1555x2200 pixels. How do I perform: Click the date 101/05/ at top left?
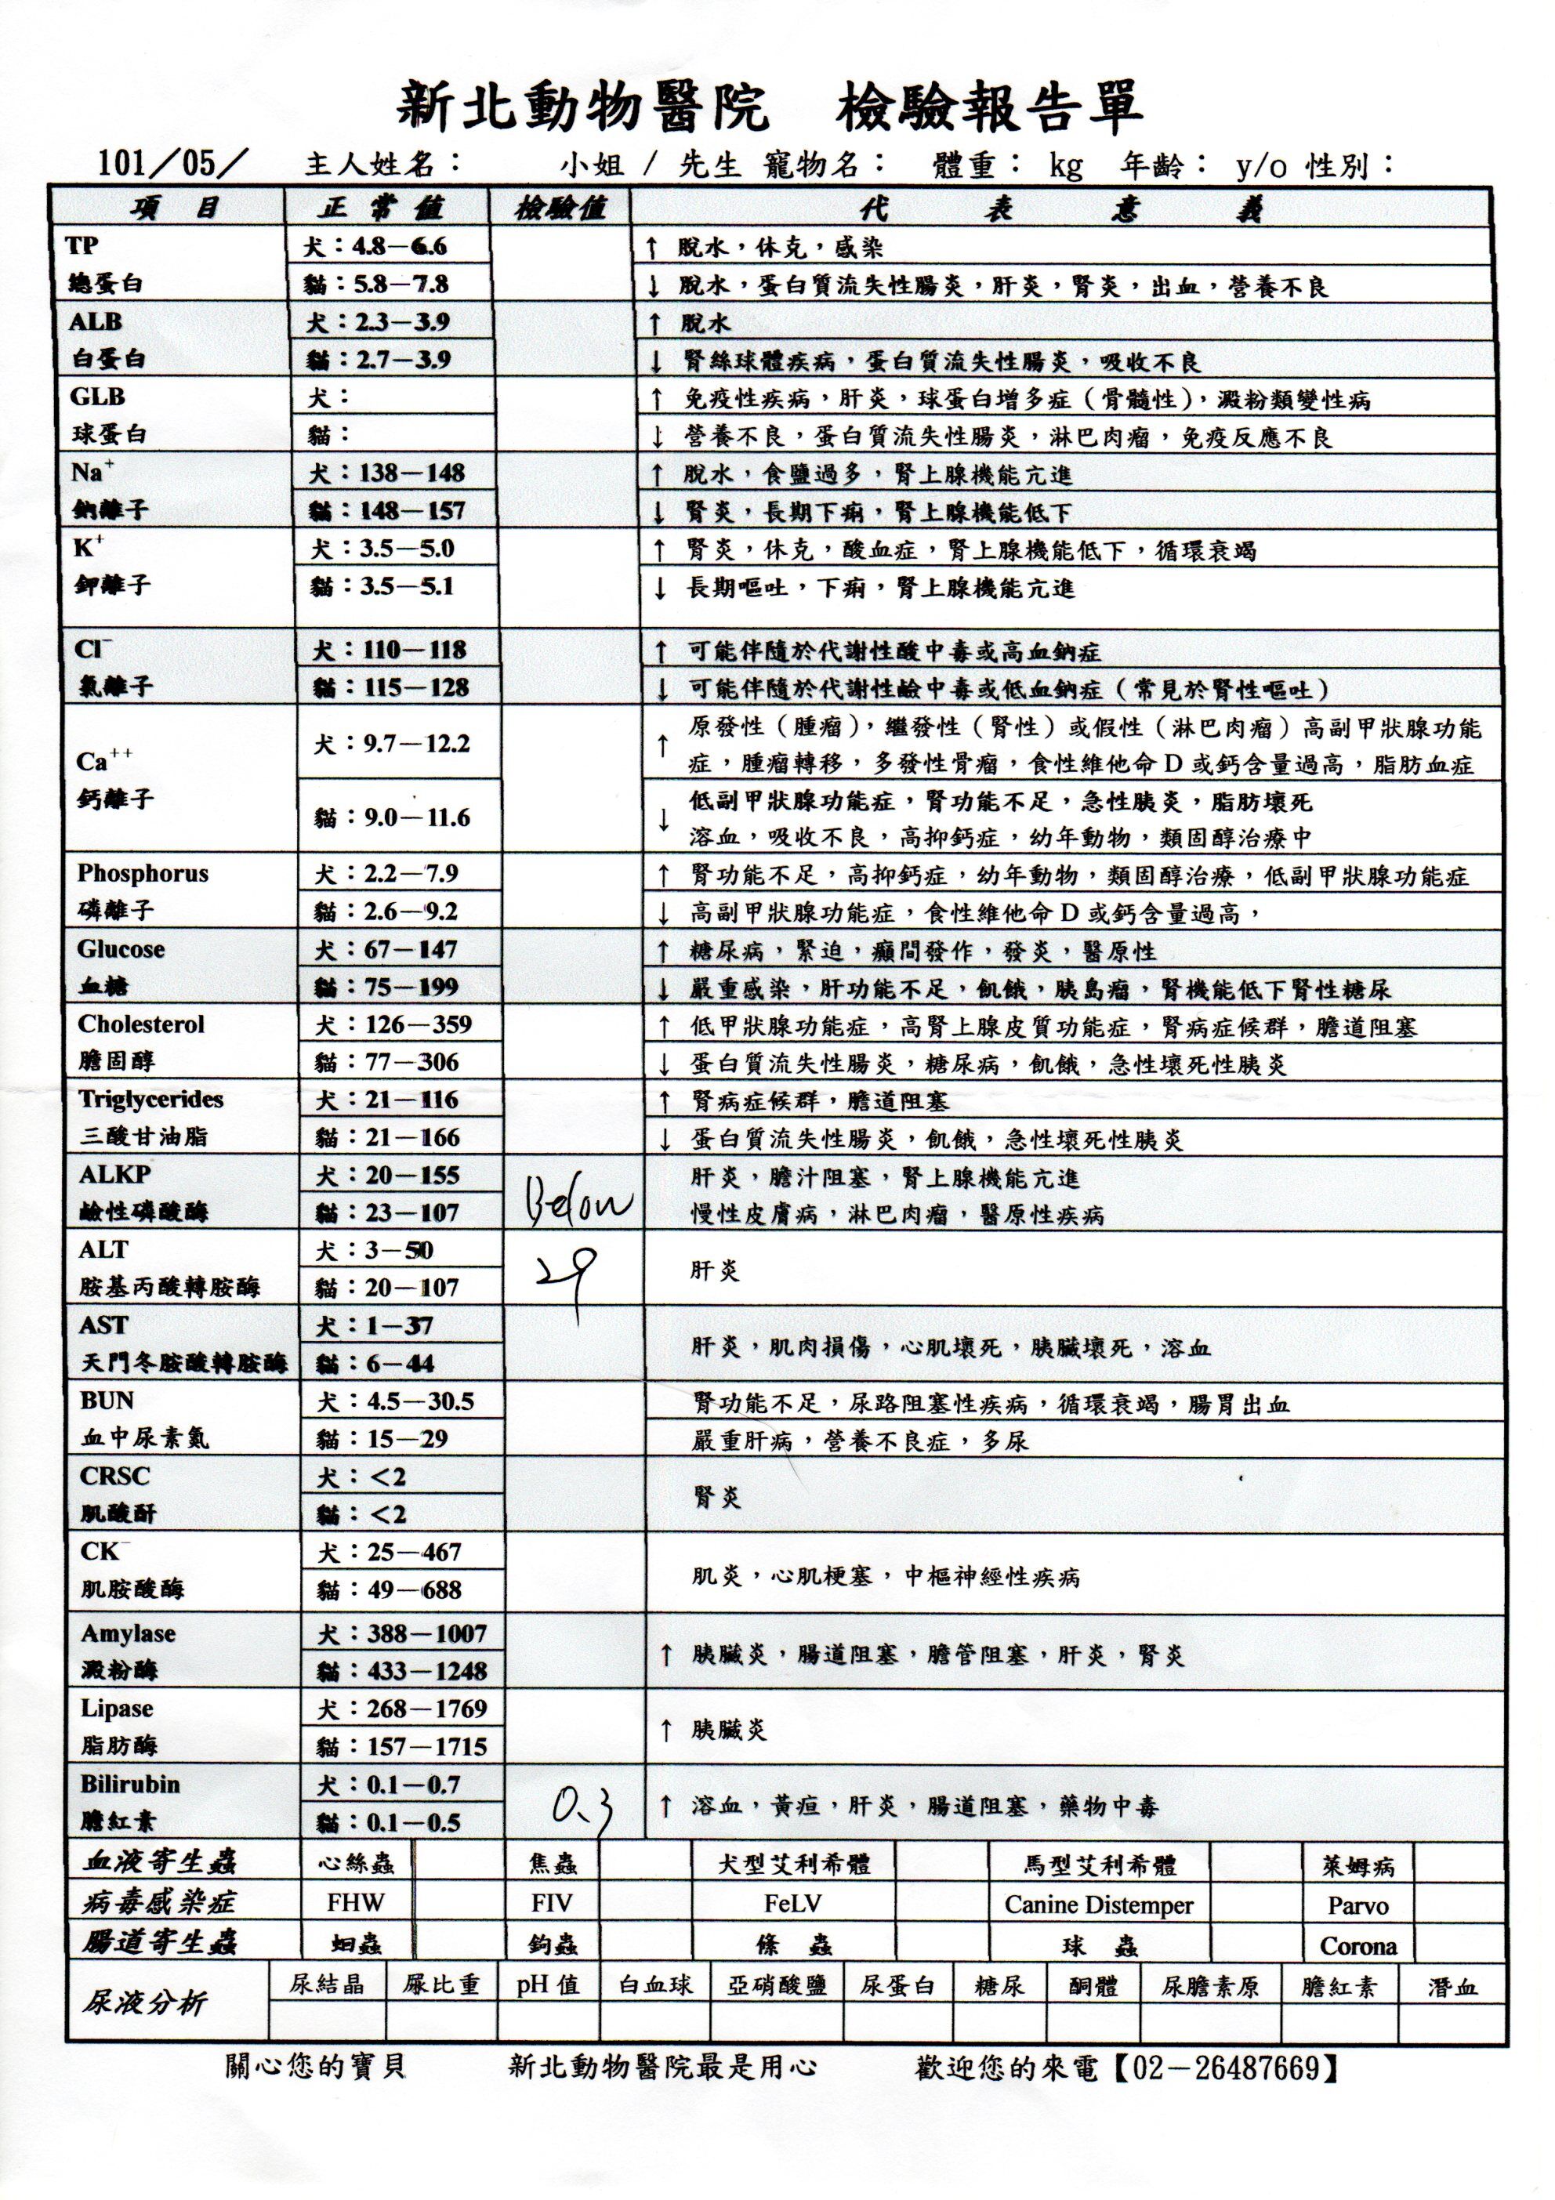168,164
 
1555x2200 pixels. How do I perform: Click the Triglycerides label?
150,1099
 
